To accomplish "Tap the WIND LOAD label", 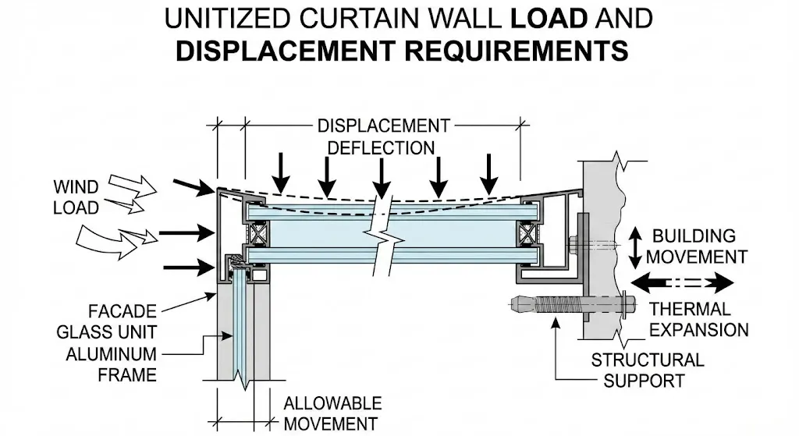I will [76, 197].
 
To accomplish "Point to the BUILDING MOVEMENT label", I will [698, 246].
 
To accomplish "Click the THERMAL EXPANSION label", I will [698, 319].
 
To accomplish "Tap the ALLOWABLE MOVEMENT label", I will [332, 413].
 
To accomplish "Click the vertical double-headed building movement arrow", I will [636, 245].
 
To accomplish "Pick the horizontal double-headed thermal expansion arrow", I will [683, 282].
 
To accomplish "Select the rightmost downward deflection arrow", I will [488, 173].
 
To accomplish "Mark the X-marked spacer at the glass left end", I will [258, 232].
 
